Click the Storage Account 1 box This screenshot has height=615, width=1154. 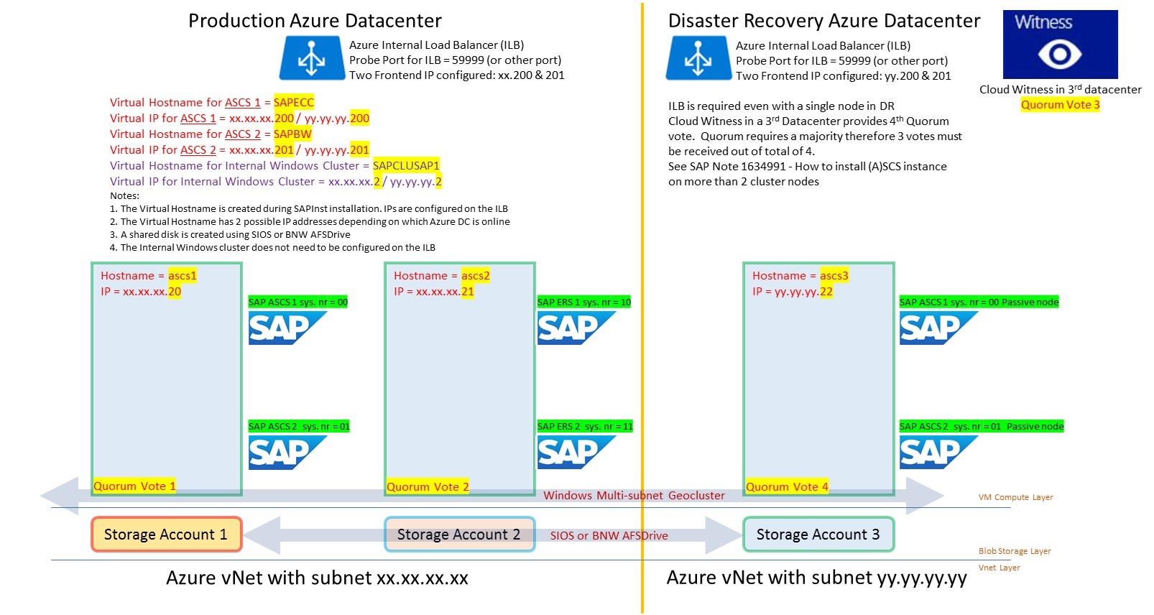click(166, 535)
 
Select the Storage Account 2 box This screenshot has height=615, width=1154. click(459, 535)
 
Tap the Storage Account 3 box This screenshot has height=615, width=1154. click(818, 535)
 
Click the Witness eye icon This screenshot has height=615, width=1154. click(1060, 54)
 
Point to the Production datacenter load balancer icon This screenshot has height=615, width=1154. click(312, 58)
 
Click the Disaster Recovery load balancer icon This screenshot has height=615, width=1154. click(698, 58)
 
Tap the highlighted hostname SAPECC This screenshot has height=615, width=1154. click(294, 103)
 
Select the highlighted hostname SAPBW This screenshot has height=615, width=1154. click(292, 134)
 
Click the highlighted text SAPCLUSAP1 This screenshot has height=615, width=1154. click(406, 166)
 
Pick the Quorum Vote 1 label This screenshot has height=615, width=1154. click(134, 486)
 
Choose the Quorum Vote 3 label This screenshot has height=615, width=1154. click(1060, 105)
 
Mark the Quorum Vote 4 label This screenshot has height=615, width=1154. click(787, 487)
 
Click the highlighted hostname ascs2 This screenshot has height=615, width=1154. click(475, 276)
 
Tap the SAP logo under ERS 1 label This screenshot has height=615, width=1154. click(576, 328)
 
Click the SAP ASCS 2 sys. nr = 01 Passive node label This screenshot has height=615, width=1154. click(982, 427)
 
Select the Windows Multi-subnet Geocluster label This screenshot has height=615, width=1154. click(634, 496)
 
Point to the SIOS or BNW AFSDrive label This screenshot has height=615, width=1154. click(609, 536)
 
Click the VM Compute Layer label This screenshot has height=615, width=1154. click(1015, 497)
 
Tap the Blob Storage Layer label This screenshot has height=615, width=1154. click(1014, 552)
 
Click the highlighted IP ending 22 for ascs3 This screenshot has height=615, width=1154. click(826, 292)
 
